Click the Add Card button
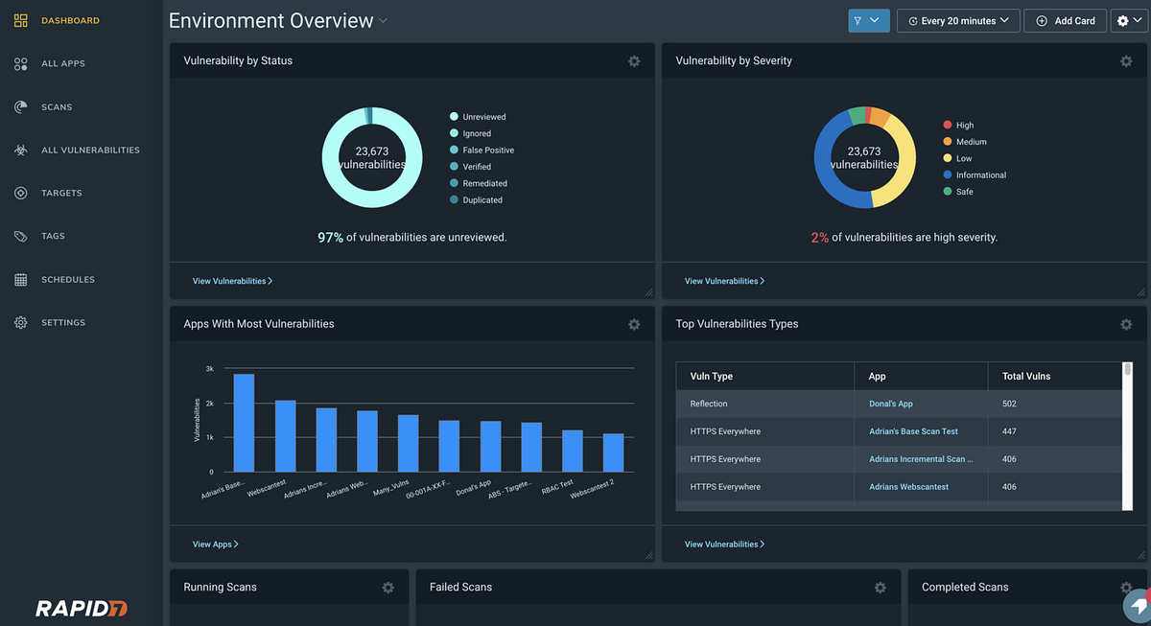click(1065, 20)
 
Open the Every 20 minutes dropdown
click(957, 20)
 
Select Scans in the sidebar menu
click(57, 107)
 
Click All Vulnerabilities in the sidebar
click(90, 151)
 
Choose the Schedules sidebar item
click(67, 280)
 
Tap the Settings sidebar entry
click(62, 323)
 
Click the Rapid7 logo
click(82, 608)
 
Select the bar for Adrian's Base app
click(244, 423)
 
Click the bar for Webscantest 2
click(613, 452)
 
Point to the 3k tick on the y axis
click(209, 368)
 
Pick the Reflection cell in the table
click(709, 404)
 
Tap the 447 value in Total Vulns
click(1009, 431)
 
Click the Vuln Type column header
click(712, 376)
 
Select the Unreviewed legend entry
click(483, 117)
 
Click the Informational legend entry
click(980, 175)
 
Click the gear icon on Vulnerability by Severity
click(1126, 61)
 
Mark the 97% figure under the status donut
click(330, 237)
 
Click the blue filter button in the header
click(869, 20)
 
